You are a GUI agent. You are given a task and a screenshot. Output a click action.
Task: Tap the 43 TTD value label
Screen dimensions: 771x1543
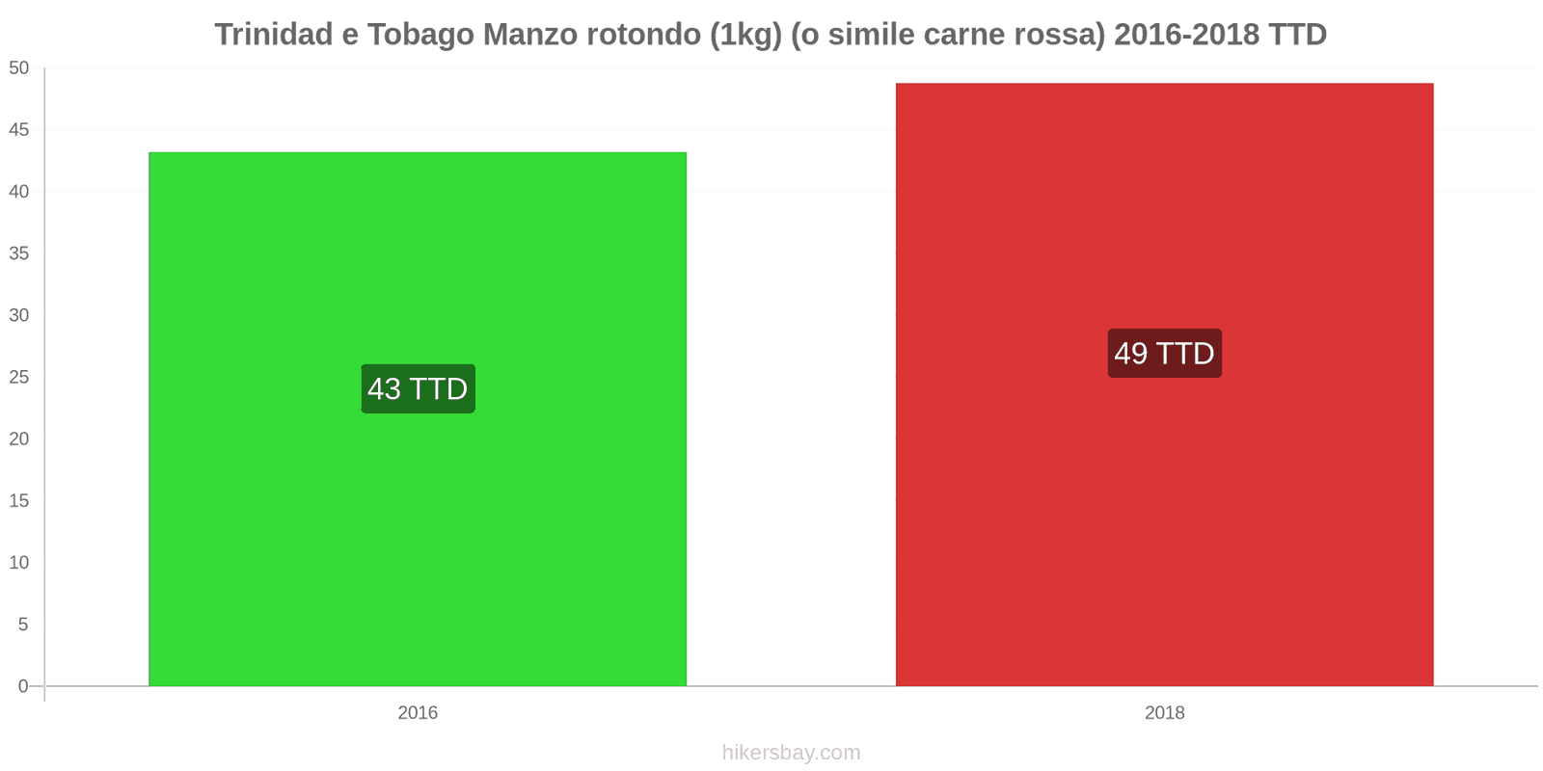point(418,388)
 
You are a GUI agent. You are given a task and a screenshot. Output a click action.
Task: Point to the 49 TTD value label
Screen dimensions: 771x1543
point(1164,353)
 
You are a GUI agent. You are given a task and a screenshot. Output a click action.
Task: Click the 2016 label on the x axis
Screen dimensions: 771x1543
point(418,713)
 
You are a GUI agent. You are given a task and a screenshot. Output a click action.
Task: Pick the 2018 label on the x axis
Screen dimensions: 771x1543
point(1164,713)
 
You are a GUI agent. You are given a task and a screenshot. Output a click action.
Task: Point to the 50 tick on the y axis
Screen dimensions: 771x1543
point(19,67)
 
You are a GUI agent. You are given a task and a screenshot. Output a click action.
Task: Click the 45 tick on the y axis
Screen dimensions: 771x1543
point(19,129)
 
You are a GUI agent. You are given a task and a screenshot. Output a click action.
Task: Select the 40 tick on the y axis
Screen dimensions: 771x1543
point(19,191)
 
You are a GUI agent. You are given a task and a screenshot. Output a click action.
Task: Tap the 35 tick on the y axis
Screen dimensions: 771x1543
point(19,253)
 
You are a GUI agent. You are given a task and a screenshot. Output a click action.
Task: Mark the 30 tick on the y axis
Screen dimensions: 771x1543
point(19,315)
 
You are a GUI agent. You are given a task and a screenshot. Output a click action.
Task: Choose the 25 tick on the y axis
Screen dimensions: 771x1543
point(19,377)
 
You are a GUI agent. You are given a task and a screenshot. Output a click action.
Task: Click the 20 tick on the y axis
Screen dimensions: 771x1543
point(19,439)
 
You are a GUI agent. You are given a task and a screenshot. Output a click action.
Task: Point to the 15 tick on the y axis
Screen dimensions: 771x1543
point(19,500)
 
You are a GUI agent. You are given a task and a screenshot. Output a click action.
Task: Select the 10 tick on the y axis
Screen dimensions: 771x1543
point(19,562)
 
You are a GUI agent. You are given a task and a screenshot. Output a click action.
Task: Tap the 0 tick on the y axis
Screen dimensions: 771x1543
point(23,686)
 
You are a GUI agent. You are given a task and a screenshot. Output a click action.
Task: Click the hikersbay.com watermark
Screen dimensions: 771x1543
point(791,753)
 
